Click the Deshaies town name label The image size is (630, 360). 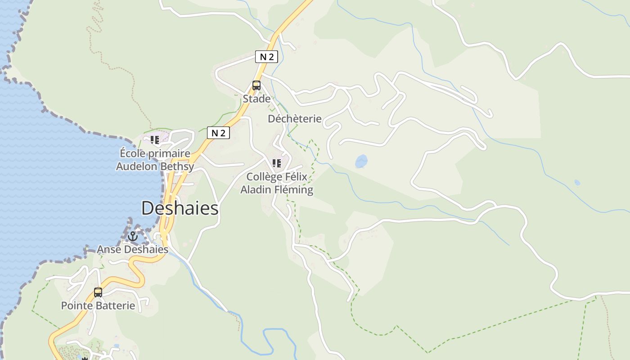point(180,208)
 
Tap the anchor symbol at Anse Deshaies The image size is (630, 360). point(132,236)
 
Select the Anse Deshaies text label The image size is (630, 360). point(133,249)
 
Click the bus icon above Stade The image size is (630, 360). point(256,85)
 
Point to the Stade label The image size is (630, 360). point(256,99)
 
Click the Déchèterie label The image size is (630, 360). point(295,119)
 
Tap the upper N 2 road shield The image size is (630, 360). point(266,57)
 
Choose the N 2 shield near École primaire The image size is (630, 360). point(218,133)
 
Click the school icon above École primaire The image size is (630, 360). point(155,140)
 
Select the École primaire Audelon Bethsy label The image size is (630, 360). point(155,160)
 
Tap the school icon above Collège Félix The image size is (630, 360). point(277,163)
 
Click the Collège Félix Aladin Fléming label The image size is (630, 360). point(277,183)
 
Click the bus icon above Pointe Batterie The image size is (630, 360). point(98,292)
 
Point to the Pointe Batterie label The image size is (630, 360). point(98,306)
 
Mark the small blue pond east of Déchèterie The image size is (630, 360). point(361,161)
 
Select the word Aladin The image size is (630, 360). point(255,190)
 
